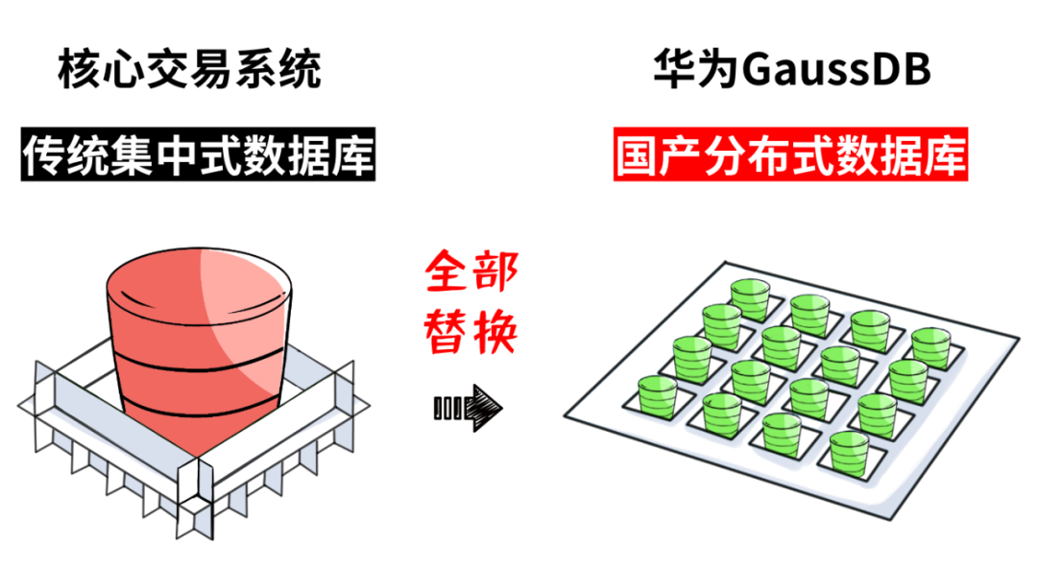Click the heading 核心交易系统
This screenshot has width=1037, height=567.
point(188,71)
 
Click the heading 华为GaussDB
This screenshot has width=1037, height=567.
point(791,71)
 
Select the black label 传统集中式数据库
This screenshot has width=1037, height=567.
point(198,156)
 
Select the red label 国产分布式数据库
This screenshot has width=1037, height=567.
point(790,156)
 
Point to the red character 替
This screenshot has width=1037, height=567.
point(447,332)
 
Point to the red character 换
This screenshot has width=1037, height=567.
point(495,332)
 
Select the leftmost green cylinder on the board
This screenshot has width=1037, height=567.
point(659,396)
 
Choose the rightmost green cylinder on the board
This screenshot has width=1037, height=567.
point(929,348)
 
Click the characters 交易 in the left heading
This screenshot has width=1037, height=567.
point(188,71)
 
